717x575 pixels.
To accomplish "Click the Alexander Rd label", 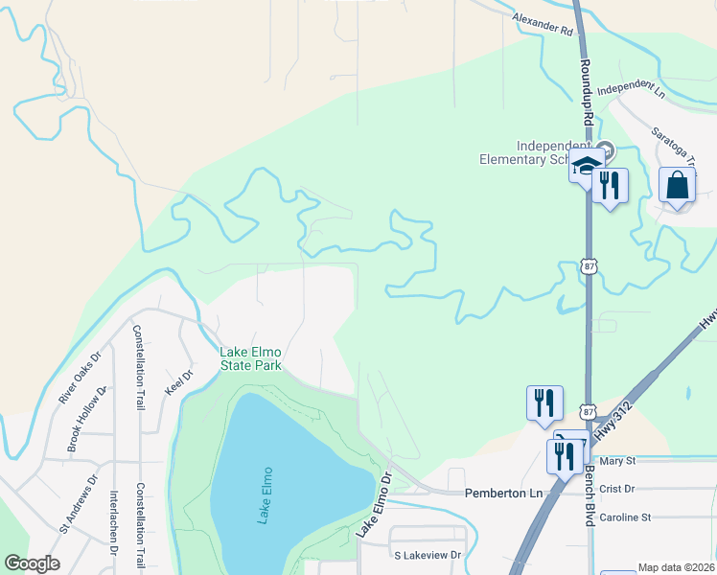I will [x=542, y=24].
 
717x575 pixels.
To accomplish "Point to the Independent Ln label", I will [x=631, y=89].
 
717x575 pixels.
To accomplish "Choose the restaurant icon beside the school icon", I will [x=610, y=185].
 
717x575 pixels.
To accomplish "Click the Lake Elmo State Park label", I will [x=250, y=358].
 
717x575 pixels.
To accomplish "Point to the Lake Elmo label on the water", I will [x=265, y=494].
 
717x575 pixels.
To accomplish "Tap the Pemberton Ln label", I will [x=503, y=493].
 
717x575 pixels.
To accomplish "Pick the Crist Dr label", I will [x=616, y=489].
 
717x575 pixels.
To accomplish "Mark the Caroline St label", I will [x=624, y=517].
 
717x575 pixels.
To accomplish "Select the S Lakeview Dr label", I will [x=428, y=555].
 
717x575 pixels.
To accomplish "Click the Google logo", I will [x=32, y=563].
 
